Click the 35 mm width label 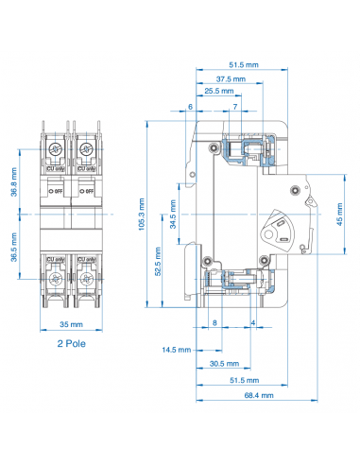click(x=70, y=328)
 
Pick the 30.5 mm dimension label click(x=223, y=363)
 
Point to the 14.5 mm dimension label click(x=176, y=350)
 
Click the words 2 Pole click(x=72, y=345)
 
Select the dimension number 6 click(x=190, y=107)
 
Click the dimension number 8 click(x=214, y=323)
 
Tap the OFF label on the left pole click(x=57, y=190)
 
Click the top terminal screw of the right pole click(x=85, y=148)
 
